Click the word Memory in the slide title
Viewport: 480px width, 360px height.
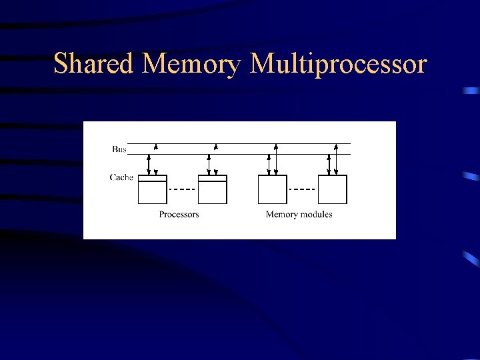click(x=193, y=65)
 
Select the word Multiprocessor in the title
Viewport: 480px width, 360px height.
click(x=338, y=65)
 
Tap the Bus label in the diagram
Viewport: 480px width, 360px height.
click(x=119, y=149)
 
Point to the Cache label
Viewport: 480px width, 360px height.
click(x=121, y=177)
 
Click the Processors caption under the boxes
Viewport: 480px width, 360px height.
click(x=179, y=214)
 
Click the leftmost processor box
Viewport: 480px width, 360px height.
click(x=152, y=192)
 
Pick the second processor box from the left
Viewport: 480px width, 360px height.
click(x=213, y=192)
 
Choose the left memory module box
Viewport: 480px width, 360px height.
click(x=272, y=189)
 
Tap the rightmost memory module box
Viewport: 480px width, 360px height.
click(x=332, y=189)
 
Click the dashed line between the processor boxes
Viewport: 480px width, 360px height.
click(x=182, y=189)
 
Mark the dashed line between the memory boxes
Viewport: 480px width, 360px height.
click(x=302, y=189)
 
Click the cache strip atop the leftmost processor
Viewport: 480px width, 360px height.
click(x=152, y=178)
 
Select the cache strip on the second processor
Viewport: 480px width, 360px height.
click(x=213, y=178)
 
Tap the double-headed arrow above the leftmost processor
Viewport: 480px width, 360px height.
click(x=149, y=165)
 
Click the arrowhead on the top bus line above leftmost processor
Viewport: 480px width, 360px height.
click(x=156, y=146)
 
